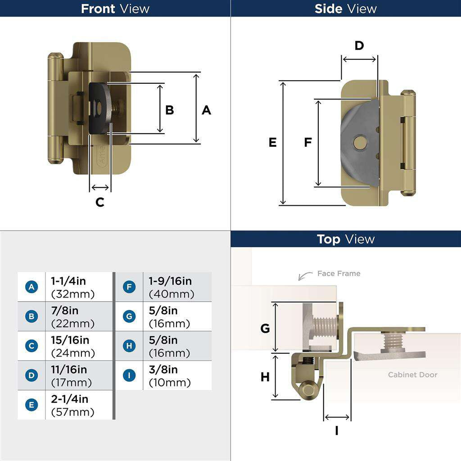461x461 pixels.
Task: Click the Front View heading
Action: pyautogui.click(x=115, y=9)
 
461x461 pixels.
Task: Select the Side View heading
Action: pyautogui.click(x=345, y=9)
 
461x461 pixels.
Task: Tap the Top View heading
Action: pyautogui.click(x=345, y=239)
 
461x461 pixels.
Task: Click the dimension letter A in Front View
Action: pyautogui.click(x=206, y=110)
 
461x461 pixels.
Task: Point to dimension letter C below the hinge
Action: pyautogui.click(x=100, y=203)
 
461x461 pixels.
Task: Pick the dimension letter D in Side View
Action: pyautogui.click(x=359, y=46)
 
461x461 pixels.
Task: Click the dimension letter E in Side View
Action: pyautogui.click(x=272, y=143)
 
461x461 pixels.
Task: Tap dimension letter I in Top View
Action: pyautogui.click(x=337, y=431)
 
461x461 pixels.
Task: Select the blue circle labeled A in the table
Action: pyautogui.click(x=32, y=287)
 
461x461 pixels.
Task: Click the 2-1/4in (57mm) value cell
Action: pyautogui.click(x=78, y=405)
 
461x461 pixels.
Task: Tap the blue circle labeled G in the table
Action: pyautogui.click(x=129, y=316)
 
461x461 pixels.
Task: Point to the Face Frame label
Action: pyautogui.click(x=339, y=273)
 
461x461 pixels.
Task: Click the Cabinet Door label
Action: pyautogui.click(x=412, y=375)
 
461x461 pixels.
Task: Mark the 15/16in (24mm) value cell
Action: pyautogui.click(x=78, y=346)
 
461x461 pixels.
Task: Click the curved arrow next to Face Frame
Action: pyautogui.click(x=305, y=276)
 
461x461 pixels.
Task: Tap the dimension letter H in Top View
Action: pyautogui.click(x=265, y=377)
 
